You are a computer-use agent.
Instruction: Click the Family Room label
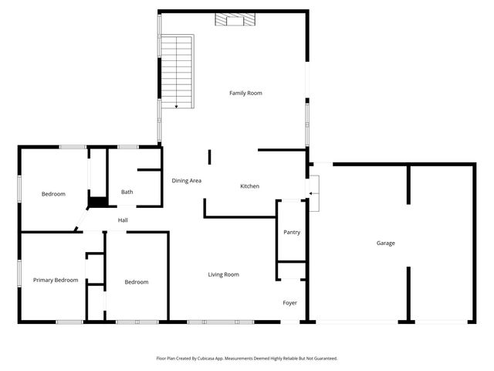(x=245, y=94)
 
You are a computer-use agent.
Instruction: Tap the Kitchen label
(x=249, y=186)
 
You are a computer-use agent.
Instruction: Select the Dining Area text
(x=186, y=181)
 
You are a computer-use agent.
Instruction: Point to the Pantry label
(x=292, y=232)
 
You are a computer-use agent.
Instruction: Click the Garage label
(x=385, y=243)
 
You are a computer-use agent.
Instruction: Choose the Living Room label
(x=223, y=274)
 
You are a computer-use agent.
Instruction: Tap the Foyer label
(x=289, y=303)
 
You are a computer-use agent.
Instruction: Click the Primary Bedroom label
(x=56, y=280)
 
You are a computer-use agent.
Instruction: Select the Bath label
(x=127, y=192)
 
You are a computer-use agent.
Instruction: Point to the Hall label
(x=123, y=221)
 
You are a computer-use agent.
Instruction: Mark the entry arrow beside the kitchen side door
(x=312, y=192)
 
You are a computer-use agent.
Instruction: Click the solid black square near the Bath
(x=96, y=203)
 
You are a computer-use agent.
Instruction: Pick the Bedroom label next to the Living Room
(x=136, y=282)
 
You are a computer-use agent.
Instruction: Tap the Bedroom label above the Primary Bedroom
(x=53, y=194)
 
